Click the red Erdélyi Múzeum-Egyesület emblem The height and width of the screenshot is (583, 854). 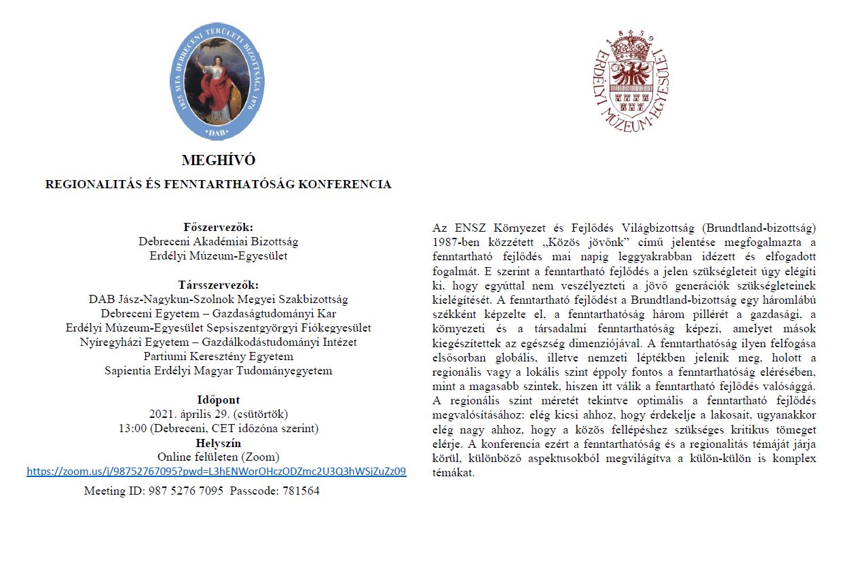(631, 81)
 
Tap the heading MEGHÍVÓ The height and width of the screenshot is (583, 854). (219, 161)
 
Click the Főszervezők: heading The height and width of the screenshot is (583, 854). (219, 227)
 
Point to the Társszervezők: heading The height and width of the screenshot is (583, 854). (219, 285)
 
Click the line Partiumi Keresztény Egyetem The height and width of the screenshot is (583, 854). (219, 356)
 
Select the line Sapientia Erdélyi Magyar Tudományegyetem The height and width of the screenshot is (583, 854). (219, 370)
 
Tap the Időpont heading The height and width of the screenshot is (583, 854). (219, 400)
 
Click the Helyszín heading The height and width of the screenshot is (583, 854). (219, 443)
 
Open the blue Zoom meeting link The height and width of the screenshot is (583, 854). (217, 472)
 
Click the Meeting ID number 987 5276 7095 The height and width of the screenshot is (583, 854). (185, 491)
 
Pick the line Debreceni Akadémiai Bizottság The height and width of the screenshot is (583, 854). (219, 241)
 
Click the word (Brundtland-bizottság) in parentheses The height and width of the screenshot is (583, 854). (753, 227)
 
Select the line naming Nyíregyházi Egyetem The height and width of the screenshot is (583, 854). (219, 342)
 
